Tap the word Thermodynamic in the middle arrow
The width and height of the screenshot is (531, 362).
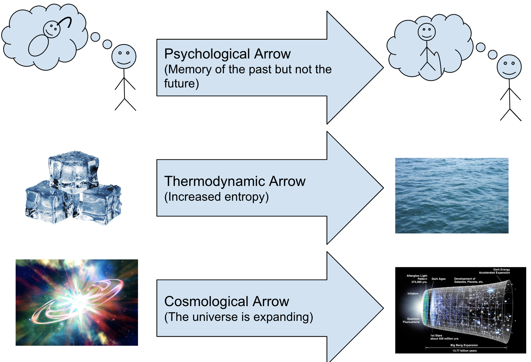click(214, 182)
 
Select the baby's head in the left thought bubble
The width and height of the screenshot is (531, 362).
click(52, 29)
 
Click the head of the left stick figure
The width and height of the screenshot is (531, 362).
click(124, 56)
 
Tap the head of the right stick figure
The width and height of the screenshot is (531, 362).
click(509, 67)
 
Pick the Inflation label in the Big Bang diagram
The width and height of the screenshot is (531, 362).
click(413, 294)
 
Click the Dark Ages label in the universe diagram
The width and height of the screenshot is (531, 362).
click(438, 279)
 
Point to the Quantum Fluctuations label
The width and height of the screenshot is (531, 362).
click(411, 320)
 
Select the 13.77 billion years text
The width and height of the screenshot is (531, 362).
click(464, 351)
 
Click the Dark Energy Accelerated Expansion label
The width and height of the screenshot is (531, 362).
click(494, 271)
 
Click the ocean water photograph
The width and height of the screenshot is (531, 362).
click(452, 195)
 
